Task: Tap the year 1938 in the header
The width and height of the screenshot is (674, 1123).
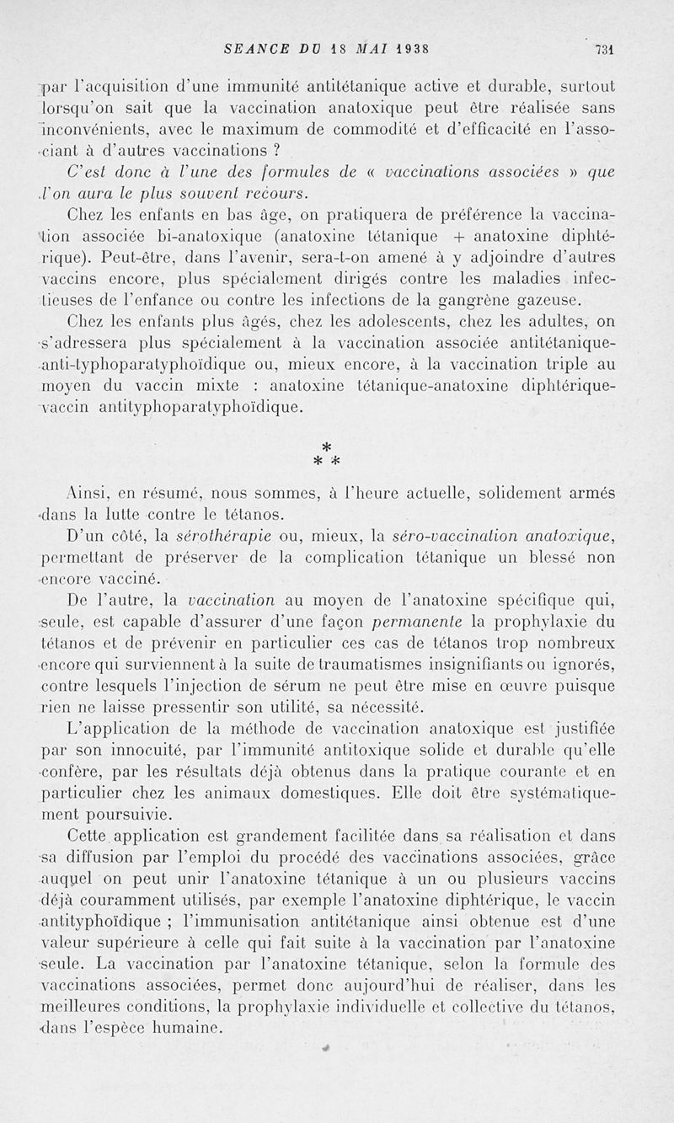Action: [388, 48]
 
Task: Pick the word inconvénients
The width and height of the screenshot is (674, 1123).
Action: [92, 129]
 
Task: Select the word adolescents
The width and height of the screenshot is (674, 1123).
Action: [374, 321]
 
